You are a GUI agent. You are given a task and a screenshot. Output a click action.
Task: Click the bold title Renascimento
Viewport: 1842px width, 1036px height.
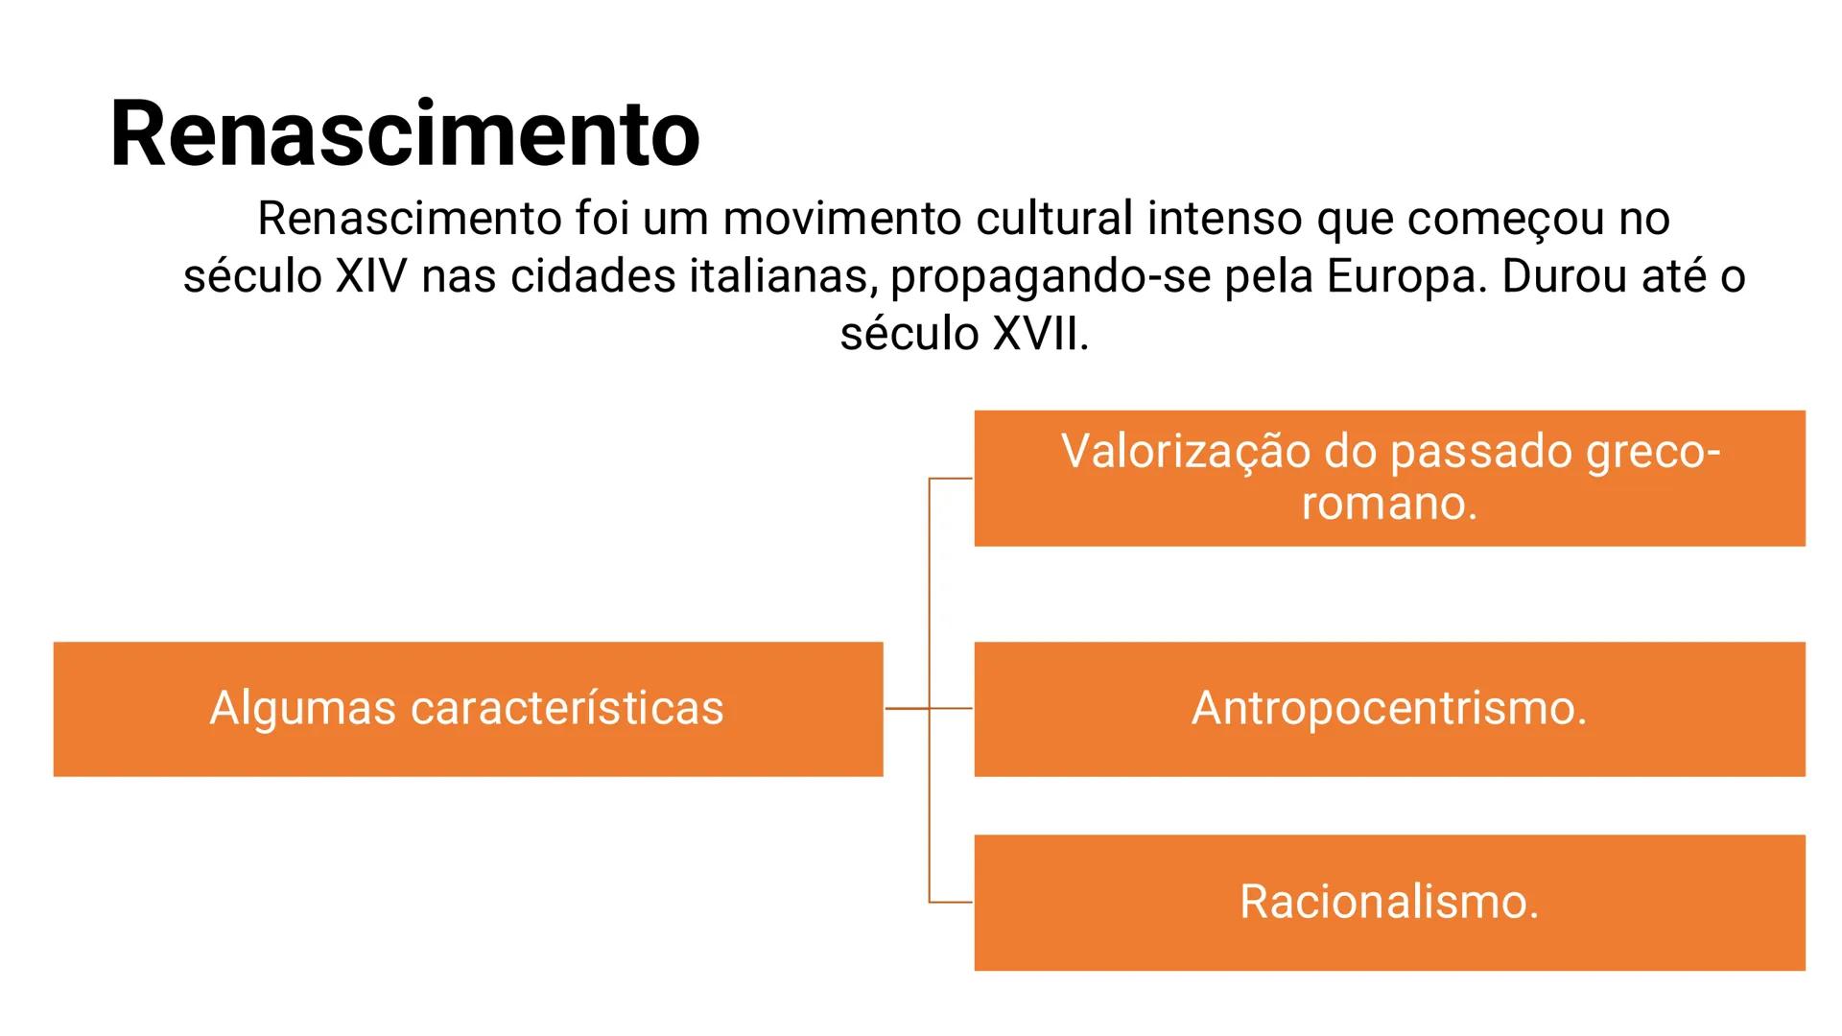405,134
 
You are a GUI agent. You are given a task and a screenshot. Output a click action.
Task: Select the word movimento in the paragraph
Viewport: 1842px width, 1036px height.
841,219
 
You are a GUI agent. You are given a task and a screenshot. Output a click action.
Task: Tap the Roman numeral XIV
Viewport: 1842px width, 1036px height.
371,276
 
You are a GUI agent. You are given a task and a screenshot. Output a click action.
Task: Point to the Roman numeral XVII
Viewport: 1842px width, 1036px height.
1035,334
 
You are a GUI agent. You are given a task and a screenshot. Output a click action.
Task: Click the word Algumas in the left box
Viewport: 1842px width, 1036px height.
302,709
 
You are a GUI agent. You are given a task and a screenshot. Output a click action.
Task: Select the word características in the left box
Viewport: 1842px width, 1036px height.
567,709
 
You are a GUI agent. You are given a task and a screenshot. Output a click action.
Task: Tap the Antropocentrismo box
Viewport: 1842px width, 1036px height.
1389,709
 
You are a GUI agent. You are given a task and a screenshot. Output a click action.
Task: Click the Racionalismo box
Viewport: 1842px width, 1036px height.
1389,903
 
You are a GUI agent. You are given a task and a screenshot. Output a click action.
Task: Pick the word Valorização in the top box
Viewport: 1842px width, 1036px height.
1185,451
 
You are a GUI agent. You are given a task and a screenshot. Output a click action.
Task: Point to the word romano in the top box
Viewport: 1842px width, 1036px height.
1381,503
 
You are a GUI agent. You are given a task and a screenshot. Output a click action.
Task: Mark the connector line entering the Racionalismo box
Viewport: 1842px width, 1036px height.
951,903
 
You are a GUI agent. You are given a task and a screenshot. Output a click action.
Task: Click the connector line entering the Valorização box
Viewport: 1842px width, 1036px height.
951,478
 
